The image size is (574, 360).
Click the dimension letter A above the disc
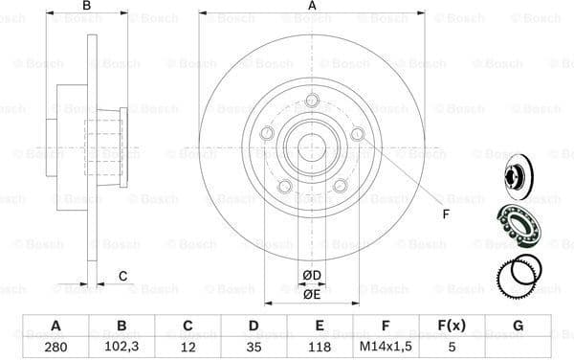tap(312, 7)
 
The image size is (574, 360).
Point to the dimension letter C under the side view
tap(123, 277)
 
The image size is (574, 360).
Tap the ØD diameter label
tap(312, 277)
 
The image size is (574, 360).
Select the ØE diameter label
tap(312, 295)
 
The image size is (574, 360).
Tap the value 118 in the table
tap(318, 345)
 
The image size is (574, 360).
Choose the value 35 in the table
tap(253, 345)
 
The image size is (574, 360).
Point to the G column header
tap(518, 325)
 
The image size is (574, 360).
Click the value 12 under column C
tap(188, 345)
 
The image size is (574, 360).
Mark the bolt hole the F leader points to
tap(358, 135)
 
